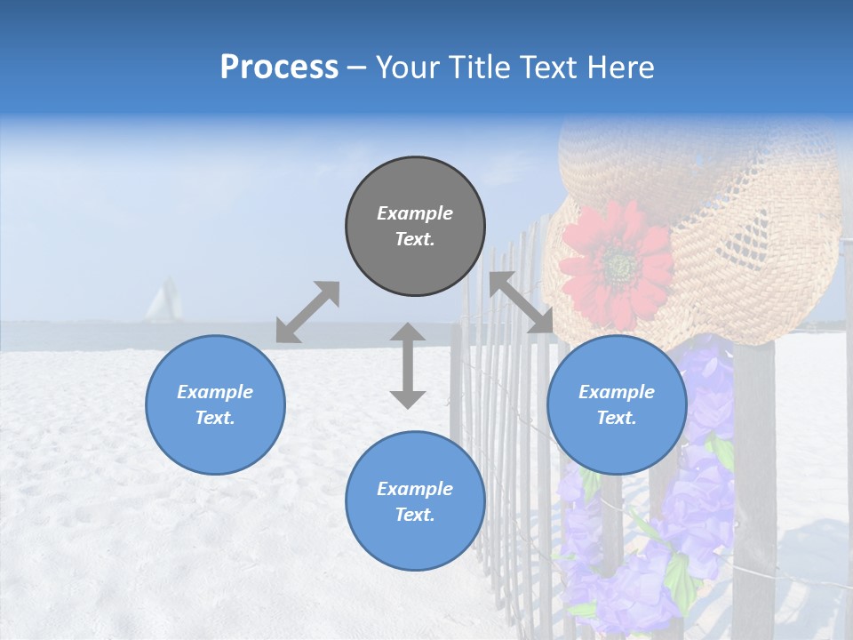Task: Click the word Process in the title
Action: click(x=279, y=67)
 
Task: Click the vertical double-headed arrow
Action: click(x=408, y=365)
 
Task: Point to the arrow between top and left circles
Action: click(x=307, y=312)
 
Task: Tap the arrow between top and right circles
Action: click(x=521, y=302)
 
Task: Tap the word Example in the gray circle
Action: click(x=415, y=213)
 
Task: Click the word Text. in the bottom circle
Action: click(x=415, y=515)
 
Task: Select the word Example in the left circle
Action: click(x=215, y=392)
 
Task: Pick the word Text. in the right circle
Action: click(x=617, y=418)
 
